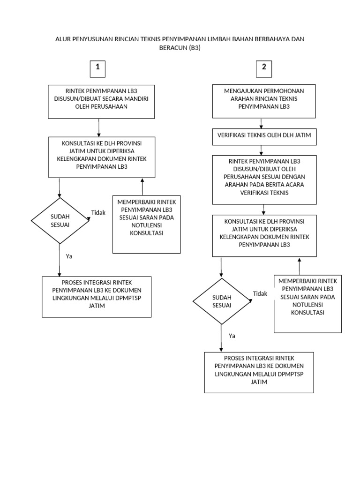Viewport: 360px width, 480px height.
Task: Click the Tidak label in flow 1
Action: (x=98, y=213)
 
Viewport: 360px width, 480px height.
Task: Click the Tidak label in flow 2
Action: (x=260, y=293)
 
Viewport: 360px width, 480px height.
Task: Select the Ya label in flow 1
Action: (x=69, y=256)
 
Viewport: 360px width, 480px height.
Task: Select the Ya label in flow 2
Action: (x=232, y=336)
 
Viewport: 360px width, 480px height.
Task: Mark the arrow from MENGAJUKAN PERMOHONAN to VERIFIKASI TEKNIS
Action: (x=261, y=123)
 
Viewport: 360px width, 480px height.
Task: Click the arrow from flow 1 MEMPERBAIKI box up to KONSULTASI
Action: (x=142, y=187)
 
